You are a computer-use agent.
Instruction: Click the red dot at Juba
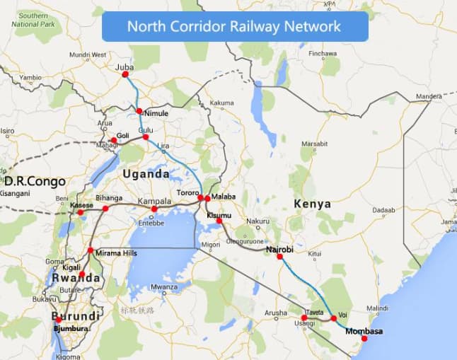pos(126,74)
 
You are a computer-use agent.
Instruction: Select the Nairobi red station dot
pos(279,257)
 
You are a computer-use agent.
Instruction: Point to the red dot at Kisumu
pos(219,221)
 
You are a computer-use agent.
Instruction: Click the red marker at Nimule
pos(139,111)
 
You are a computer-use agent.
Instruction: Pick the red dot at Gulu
pos(146,137)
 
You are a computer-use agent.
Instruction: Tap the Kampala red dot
pos(154,209)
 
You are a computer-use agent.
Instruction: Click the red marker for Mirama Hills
pos(90,251)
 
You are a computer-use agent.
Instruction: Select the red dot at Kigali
pos(81,274)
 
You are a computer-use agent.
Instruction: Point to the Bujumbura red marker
pos(59,320)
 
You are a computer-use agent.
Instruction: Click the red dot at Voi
pos(334,318)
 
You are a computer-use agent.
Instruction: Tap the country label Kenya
pos(312,204)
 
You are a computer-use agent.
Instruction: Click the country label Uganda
pos(146,174)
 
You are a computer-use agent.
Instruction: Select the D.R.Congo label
pos(35,181)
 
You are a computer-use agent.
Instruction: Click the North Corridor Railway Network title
pos(235,27)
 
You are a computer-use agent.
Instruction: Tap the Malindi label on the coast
pos(378,308)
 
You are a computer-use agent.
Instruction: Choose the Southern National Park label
pos(35,19)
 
